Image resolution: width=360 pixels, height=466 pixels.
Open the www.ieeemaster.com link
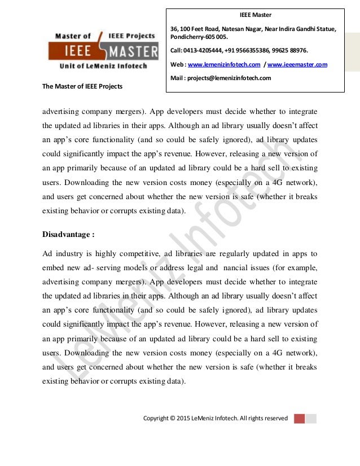click(293, 64)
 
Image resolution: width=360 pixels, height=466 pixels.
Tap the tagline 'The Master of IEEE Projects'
click(82, 86)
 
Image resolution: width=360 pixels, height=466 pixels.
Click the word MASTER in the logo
click(133, 52)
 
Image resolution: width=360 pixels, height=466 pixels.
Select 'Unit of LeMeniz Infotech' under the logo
click(103, 65)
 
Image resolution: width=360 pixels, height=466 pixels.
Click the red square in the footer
click(299, 418)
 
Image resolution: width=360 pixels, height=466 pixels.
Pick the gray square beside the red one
click(311, 418)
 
